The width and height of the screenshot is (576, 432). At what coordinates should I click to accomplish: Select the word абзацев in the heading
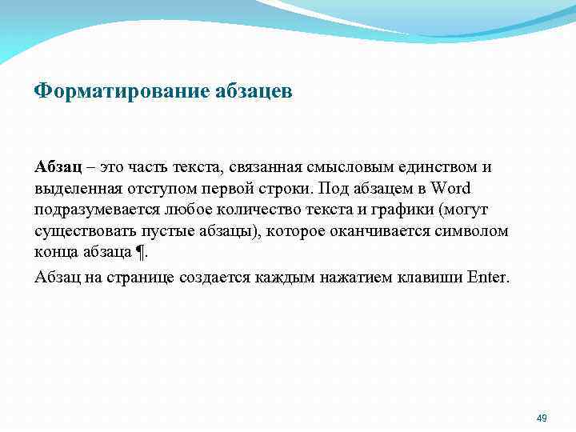pyautogui.click(x=254, y=91)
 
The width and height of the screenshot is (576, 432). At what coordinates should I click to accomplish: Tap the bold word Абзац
pyautogui.click(x=55, y=167)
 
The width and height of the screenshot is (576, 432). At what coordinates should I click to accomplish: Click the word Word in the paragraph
pyautogui.click(x=451, y=189)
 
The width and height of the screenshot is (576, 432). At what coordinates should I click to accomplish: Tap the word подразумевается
pyautogui.click(x=98, y=210)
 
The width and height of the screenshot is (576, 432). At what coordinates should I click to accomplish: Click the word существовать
pyautogui.click(x=84, y=231)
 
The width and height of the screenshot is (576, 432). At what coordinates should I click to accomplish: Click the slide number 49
pyautogui.click(x=541, y=418)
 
